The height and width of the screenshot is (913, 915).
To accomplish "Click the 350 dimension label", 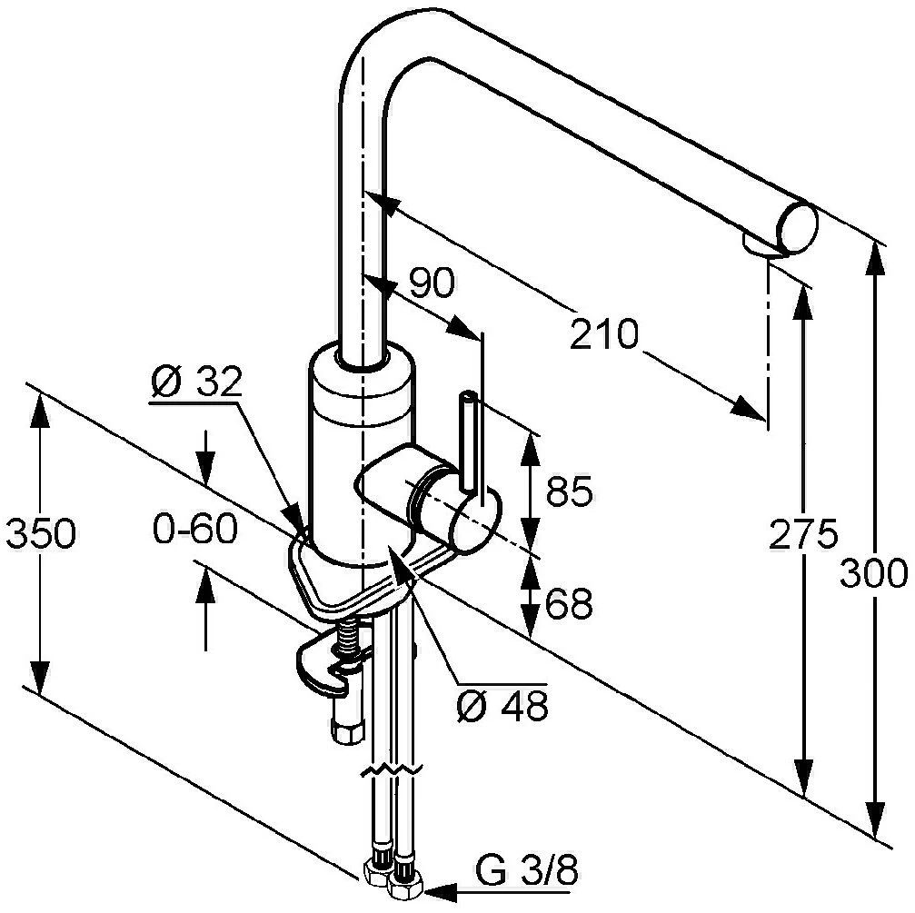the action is pyautogui.click(x=41, y=533).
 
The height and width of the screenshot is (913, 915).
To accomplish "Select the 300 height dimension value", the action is pyautogui.click(x=873, y=572).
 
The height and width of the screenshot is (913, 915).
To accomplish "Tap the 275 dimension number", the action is pyautogui.click(x=803, y=533).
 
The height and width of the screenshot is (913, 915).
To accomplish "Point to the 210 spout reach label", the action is pyautogui.click(x=604, y=334).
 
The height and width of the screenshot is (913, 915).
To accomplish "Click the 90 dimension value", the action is pyautogui.click(x=432, y=283).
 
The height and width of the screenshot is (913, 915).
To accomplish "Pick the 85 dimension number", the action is pyautogui.click(x=570, y=491).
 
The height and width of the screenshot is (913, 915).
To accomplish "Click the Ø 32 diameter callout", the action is pyautogui.click(x=195, y=382).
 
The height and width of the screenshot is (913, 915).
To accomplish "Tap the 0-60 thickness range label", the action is pyautogui.click(x=195, y=529).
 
